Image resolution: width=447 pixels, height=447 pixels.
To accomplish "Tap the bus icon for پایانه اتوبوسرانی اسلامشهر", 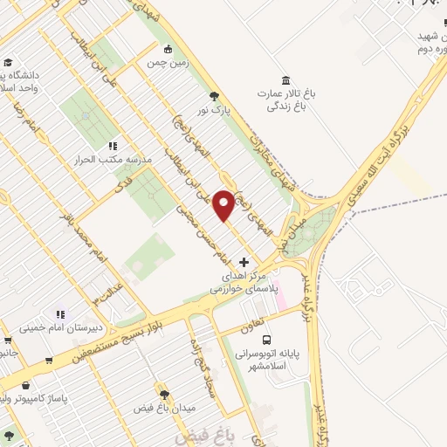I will click(x=266, y=340).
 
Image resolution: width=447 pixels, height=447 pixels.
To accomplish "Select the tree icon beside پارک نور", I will click(x=215, y=97).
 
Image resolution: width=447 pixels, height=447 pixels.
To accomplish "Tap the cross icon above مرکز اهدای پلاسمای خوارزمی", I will click(x=244, y=262).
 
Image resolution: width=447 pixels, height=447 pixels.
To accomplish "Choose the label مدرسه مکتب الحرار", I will click(x=118, y=162).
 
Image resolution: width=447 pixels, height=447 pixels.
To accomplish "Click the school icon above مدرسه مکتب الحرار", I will click(x=112, y=146).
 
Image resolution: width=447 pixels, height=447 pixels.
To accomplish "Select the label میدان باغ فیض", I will click(x=162, y=409).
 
